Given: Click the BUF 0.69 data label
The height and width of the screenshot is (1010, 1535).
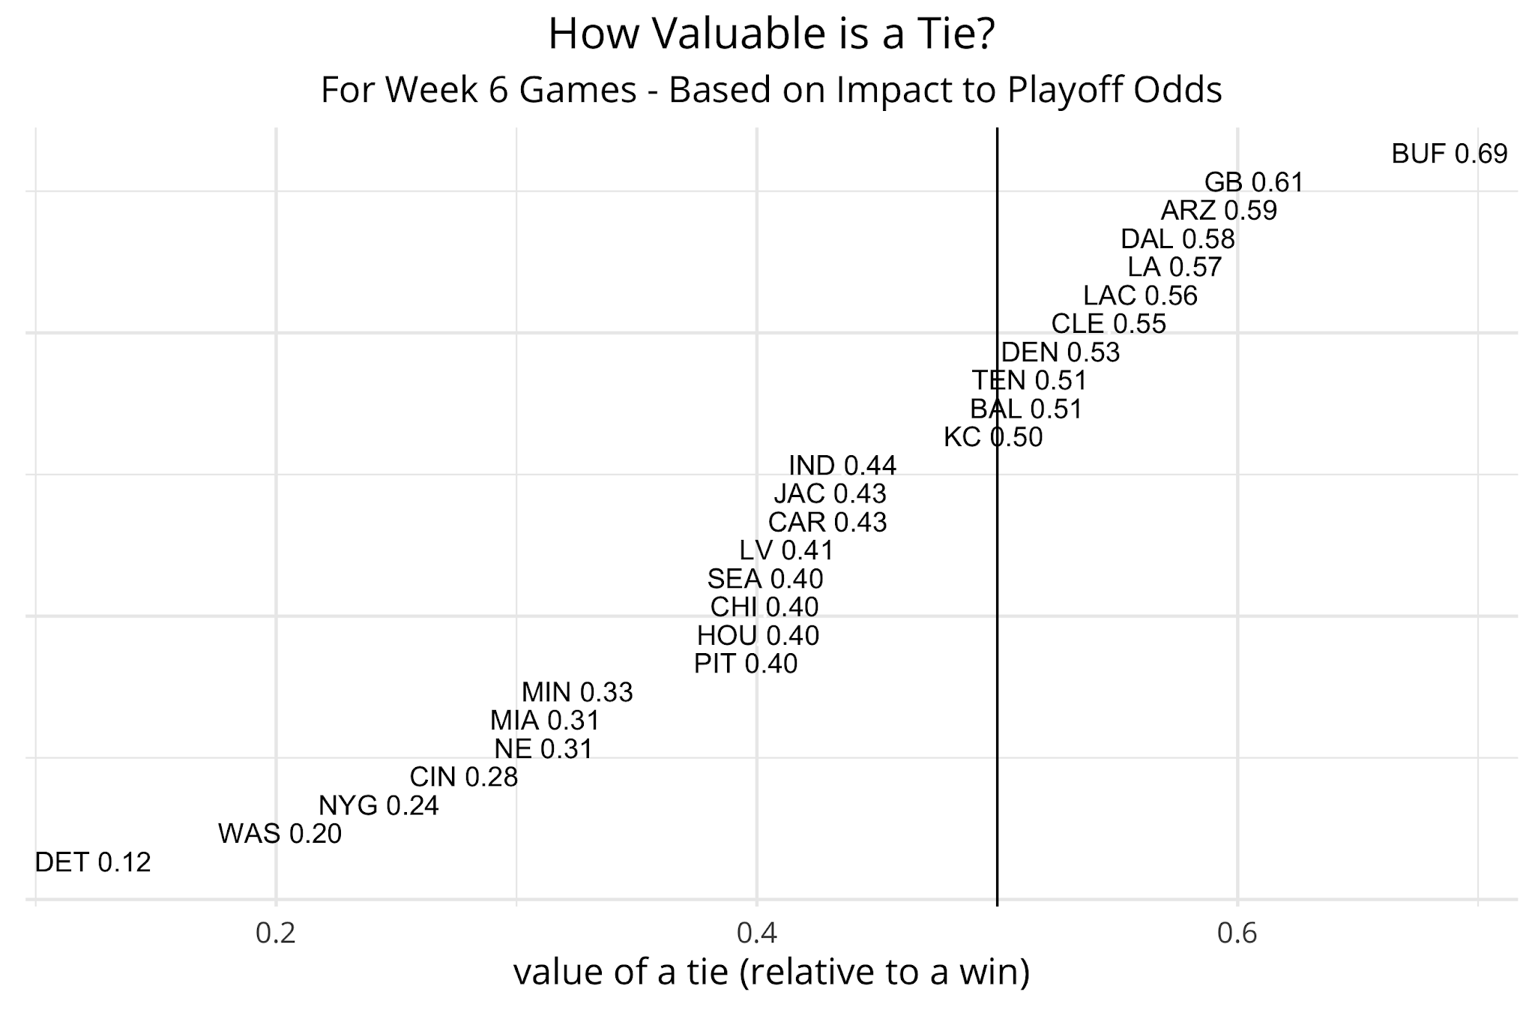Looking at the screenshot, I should click(x=1449, y=154).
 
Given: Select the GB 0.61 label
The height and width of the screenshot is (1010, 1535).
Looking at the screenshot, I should click(x=1254, y=182).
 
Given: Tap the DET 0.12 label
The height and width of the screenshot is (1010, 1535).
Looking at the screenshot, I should click(x=93, y=862).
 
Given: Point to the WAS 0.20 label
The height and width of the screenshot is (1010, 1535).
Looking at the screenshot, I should click(x=280, y=834).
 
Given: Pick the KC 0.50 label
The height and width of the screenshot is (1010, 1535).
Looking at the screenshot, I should click(x=993, y=437).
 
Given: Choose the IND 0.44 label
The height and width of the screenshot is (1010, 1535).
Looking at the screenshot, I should click(x=842, y=466).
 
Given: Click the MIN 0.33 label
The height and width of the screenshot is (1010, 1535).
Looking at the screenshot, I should click(x=577, y=692).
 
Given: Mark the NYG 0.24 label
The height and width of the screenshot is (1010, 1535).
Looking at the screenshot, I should click(x=379, y=805).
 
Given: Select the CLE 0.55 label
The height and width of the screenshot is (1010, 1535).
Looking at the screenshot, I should click(x=1109, y=324).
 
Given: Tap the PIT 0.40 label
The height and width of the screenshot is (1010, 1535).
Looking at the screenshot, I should click(x=746, y=664).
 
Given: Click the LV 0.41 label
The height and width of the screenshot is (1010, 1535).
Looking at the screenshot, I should click(x=786, y=550).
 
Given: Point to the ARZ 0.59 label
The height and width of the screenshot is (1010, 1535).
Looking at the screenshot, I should click(x=1219, y=211).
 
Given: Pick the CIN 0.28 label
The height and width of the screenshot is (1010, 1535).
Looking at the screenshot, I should click(x=464, y=777).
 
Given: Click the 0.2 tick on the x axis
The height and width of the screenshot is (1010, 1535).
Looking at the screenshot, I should click(x=276, y=934).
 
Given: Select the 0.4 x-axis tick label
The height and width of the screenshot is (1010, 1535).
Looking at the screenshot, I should click(x=757, y=934).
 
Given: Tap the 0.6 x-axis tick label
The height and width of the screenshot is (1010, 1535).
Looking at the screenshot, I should click(x=1237, y=934).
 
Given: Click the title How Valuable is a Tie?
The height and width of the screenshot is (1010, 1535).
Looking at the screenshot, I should click(x=771, y=34).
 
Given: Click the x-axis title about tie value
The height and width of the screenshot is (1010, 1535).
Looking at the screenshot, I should click(x=771, y=973).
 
